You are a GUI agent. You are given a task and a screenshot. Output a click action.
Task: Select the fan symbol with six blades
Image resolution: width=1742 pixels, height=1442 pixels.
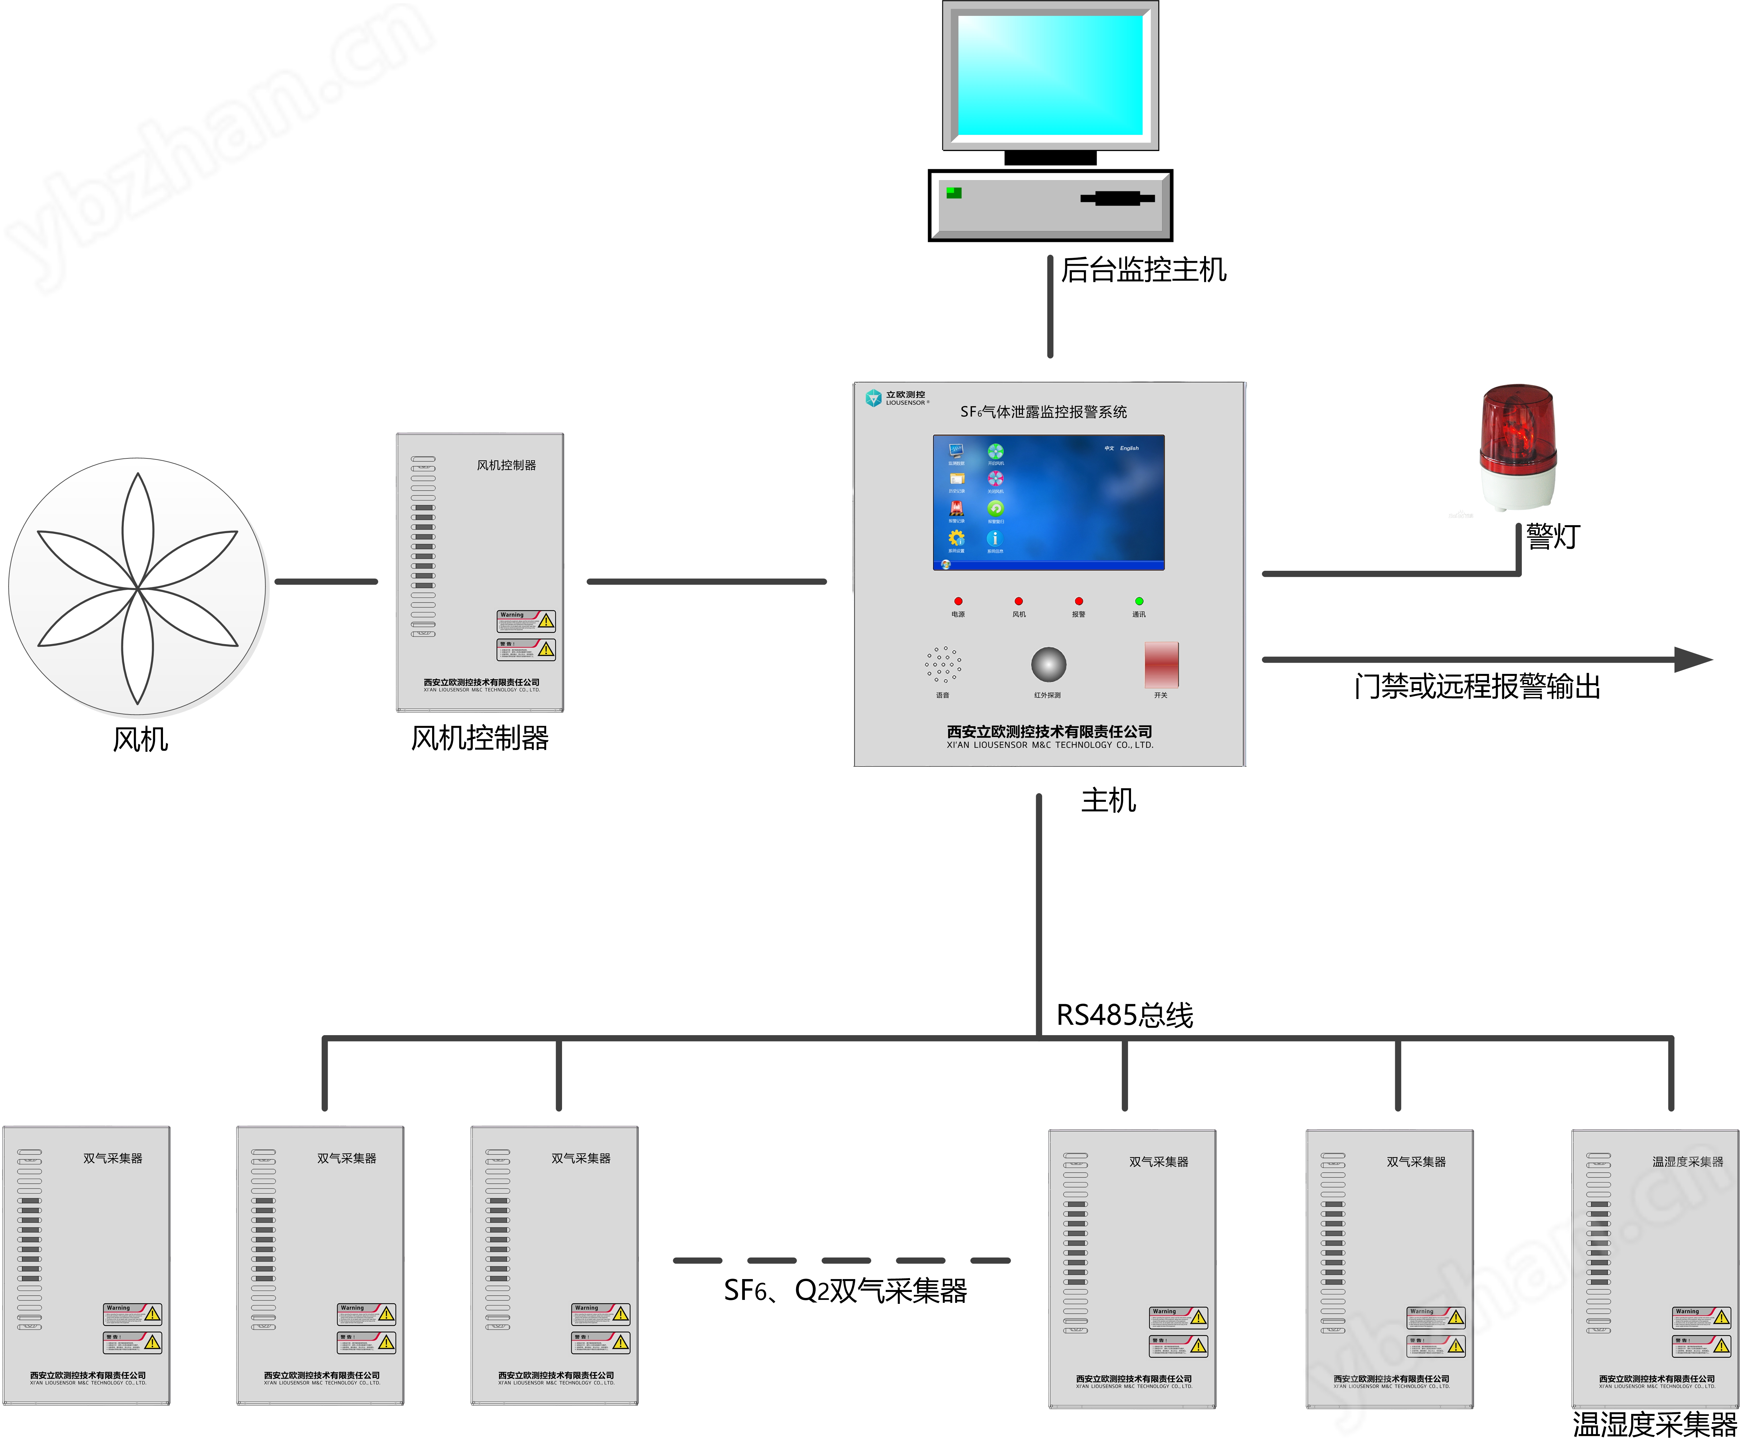(138, 587)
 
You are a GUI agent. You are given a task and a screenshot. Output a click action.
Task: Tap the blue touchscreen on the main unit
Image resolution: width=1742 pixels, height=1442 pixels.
(1048, 502)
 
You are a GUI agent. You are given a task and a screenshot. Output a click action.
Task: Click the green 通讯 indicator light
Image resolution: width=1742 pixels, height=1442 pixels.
(1139, 601)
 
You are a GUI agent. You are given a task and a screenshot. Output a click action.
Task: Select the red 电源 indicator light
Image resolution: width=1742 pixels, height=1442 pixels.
(958, 601)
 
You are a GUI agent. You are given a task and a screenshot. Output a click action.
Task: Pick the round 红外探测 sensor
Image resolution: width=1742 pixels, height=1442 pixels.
(1048, 664)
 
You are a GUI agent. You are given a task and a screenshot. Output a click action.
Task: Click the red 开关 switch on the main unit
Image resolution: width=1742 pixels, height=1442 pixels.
(1161, 663)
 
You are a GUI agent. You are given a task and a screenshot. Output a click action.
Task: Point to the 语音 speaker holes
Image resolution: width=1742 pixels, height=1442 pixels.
(943, 664)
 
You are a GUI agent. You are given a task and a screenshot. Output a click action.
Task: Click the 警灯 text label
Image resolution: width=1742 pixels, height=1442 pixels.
(1553, 536)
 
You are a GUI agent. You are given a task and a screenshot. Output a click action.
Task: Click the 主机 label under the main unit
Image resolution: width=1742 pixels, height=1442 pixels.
(1108, 800)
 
